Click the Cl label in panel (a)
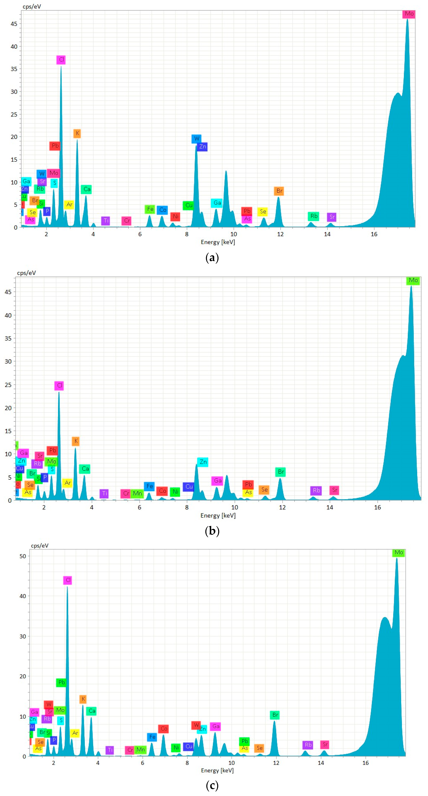coord(61,60)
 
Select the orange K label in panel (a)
coord(77,133)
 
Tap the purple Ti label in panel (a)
coord(105,221)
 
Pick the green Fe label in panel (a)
coord(150,209)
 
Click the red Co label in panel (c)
coord(164,729)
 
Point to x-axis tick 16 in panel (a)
coord(374,234)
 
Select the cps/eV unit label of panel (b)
coord(26,273)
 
